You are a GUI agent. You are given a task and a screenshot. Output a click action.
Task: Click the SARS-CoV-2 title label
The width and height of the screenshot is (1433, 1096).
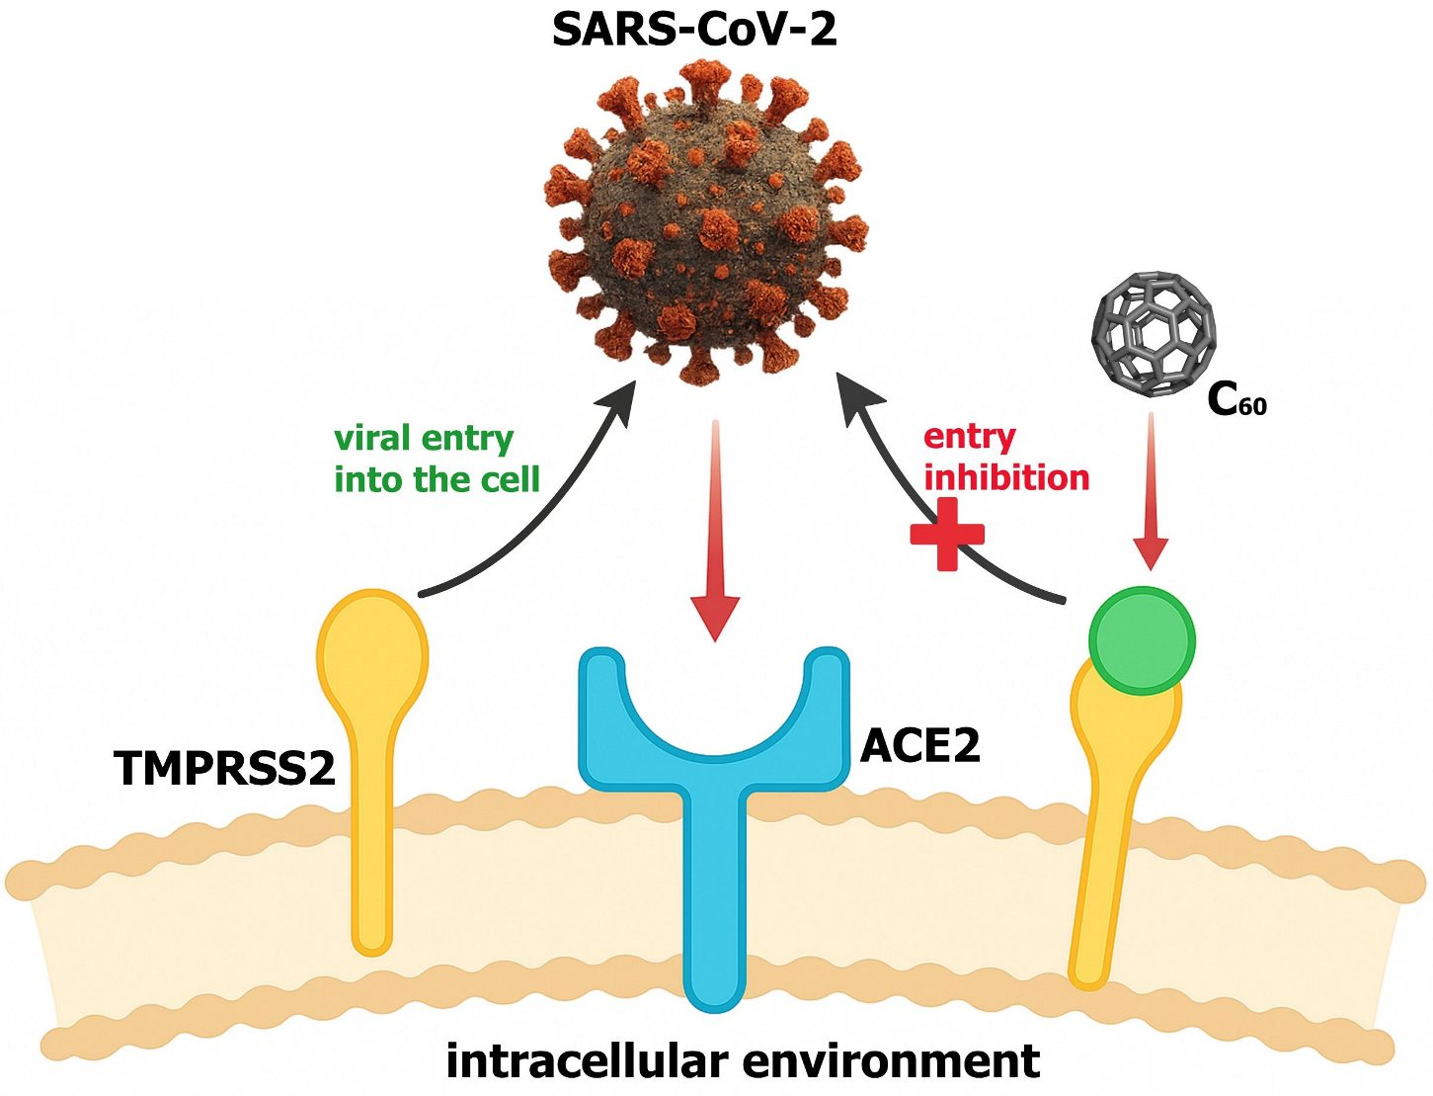(x=694, y=30)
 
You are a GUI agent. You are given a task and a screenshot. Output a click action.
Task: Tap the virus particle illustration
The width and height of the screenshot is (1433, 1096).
(x=706, y=222)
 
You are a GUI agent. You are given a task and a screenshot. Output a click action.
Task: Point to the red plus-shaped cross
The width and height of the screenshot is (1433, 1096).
(x=947, y=534)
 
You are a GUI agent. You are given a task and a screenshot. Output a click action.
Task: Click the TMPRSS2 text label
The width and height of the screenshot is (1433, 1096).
(x=225, y=768)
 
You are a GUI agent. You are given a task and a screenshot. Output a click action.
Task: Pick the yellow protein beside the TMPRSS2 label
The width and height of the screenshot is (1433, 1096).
(x=372, y=771)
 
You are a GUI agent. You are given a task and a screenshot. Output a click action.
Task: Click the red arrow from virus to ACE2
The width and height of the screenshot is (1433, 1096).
(x=716, y=531)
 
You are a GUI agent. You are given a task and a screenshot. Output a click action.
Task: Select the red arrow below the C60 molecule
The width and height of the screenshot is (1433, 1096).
(x=1151, y=491)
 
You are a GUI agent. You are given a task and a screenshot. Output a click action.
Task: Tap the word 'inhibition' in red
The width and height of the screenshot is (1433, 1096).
(x=1007, y=478)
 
